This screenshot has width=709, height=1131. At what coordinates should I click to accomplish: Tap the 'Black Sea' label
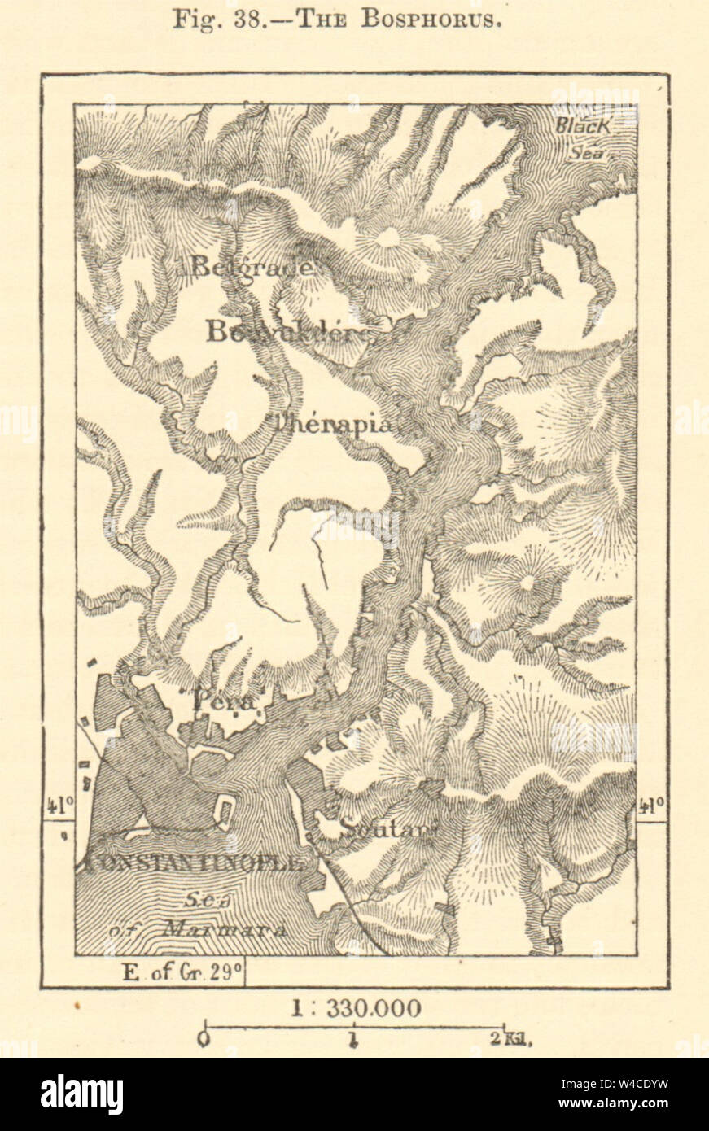point(584,134)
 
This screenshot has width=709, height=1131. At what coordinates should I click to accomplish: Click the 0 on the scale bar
point(204,1039)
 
